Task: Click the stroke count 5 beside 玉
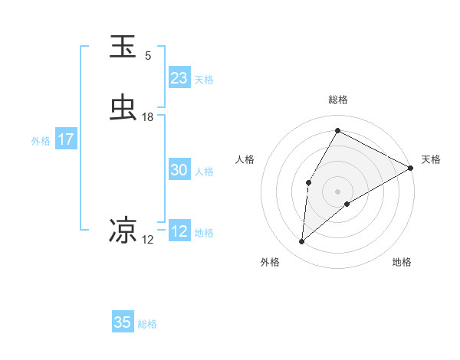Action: pyautogui.click(x=148, y=56)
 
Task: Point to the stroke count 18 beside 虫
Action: pyautogui.click(x=148, y=117)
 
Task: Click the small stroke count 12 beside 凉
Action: pyautogui.click(x=148, y=240)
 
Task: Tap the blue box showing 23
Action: pyautogui.click(x=179, y=78)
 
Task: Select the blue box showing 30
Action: pyautogui.click(x=179, y=170)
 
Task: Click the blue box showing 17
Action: pyautogui.click(x=65, y=139)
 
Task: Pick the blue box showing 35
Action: pyautogui.click(x=123, y=322)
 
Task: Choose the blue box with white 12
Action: pyautogui.click(x=179, y=231)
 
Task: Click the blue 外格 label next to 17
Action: pyautogui.click(x=41, y=140)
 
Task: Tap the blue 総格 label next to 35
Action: pyautogui.click(x=147, y=324)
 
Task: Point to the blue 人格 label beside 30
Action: pyautogui.click(x=205, y=171)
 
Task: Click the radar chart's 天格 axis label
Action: pyautogui.click(x=431, y=159)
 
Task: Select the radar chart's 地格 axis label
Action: pyautogui.click(x=402, y=262)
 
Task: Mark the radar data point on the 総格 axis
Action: pyautogui.click(x=337, y=130)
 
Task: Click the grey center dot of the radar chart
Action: pyautogui.click(x=337, y=191)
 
